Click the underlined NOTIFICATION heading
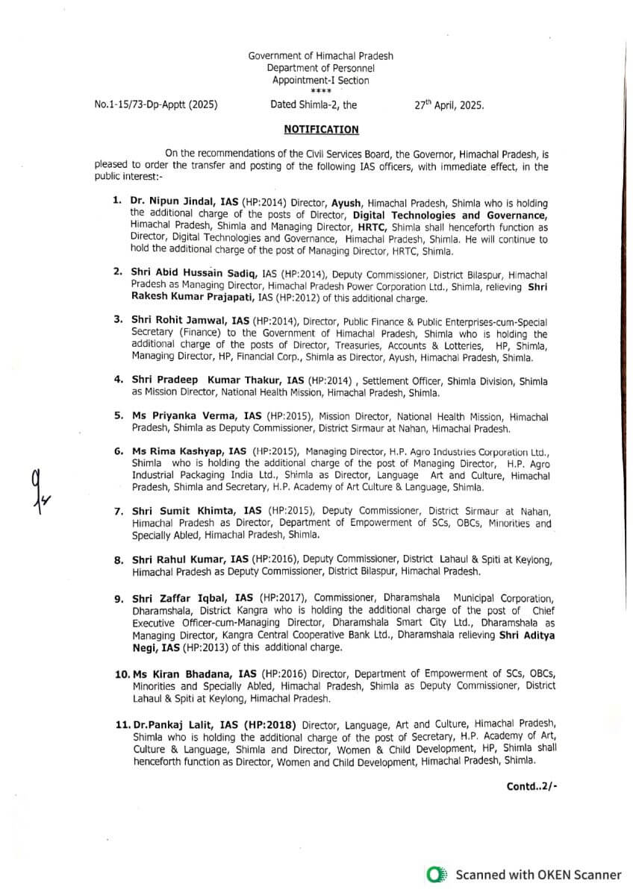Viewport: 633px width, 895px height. tap(321, 130)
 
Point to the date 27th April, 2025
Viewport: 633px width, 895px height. tap(449, 105)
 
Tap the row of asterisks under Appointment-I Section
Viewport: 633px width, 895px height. tap(320, 92)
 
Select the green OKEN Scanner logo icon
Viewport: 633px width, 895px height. tap(437, 875)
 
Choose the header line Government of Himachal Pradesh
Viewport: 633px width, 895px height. tap(320, 57)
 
